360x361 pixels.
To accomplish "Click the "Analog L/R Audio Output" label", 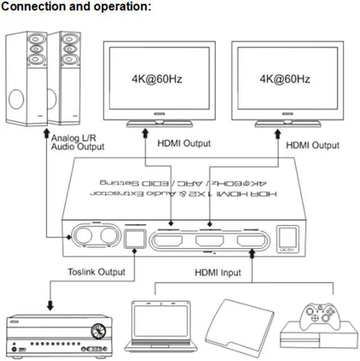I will tap(78, 142).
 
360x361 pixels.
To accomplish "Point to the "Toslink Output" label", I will tap(96, 272).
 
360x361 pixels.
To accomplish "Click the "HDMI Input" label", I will tap(218, 273).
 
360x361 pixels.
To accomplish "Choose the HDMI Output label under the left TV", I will tap(184, 143).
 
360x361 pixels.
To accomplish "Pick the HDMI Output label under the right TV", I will tap(313, 145).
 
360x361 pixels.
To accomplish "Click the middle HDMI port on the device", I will tap(209, 242).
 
